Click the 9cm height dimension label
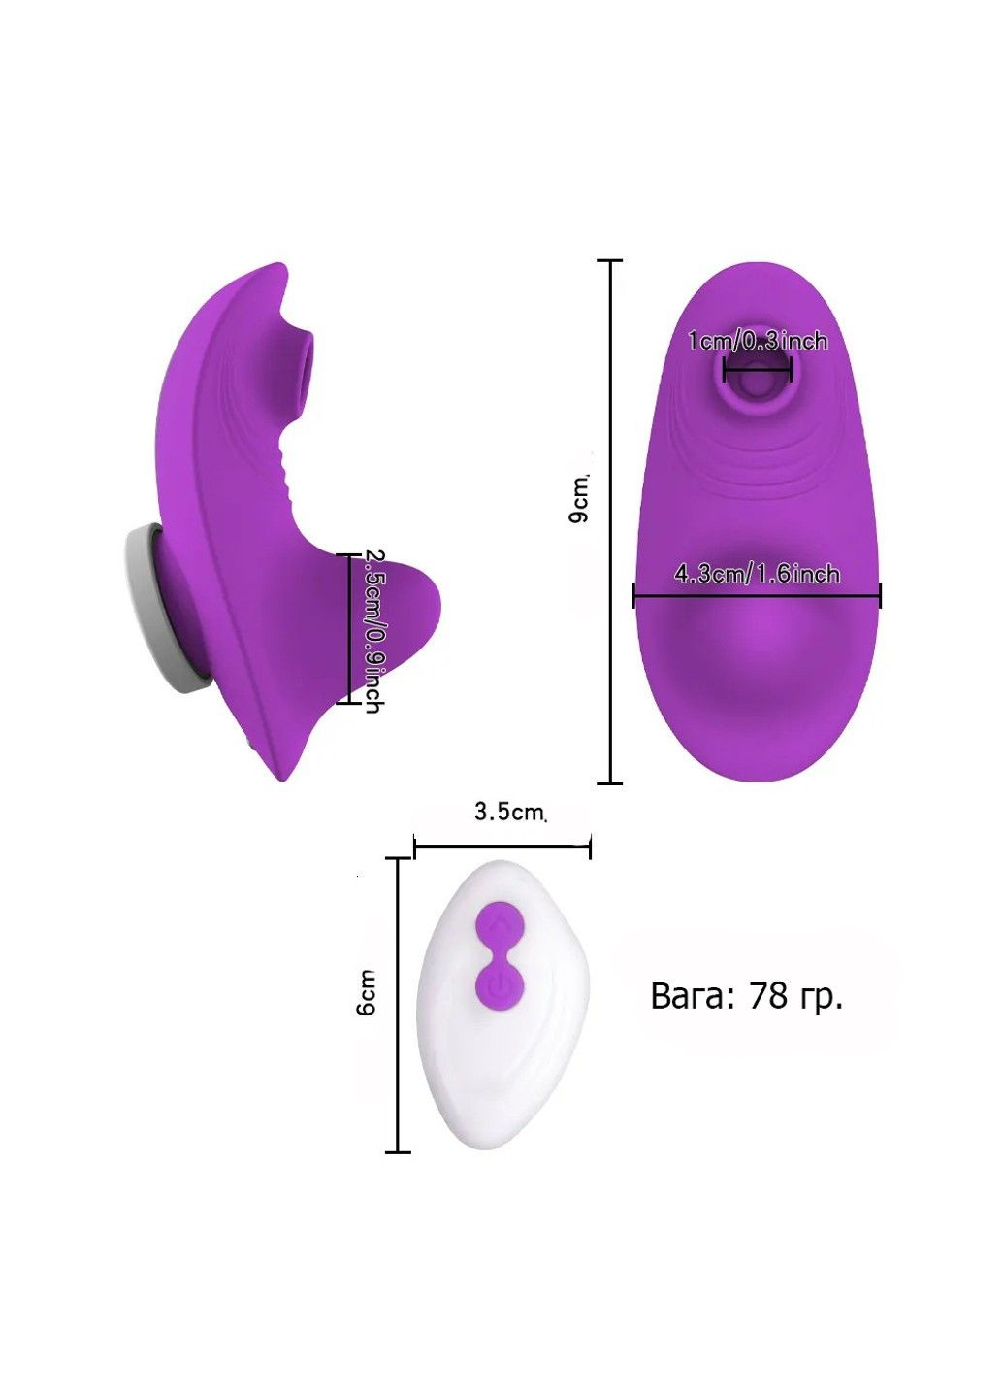[580, 499]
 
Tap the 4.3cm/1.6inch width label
[757, 573]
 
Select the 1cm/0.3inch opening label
[757, 341]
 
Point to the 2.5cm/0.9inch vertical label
[372, 631]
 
